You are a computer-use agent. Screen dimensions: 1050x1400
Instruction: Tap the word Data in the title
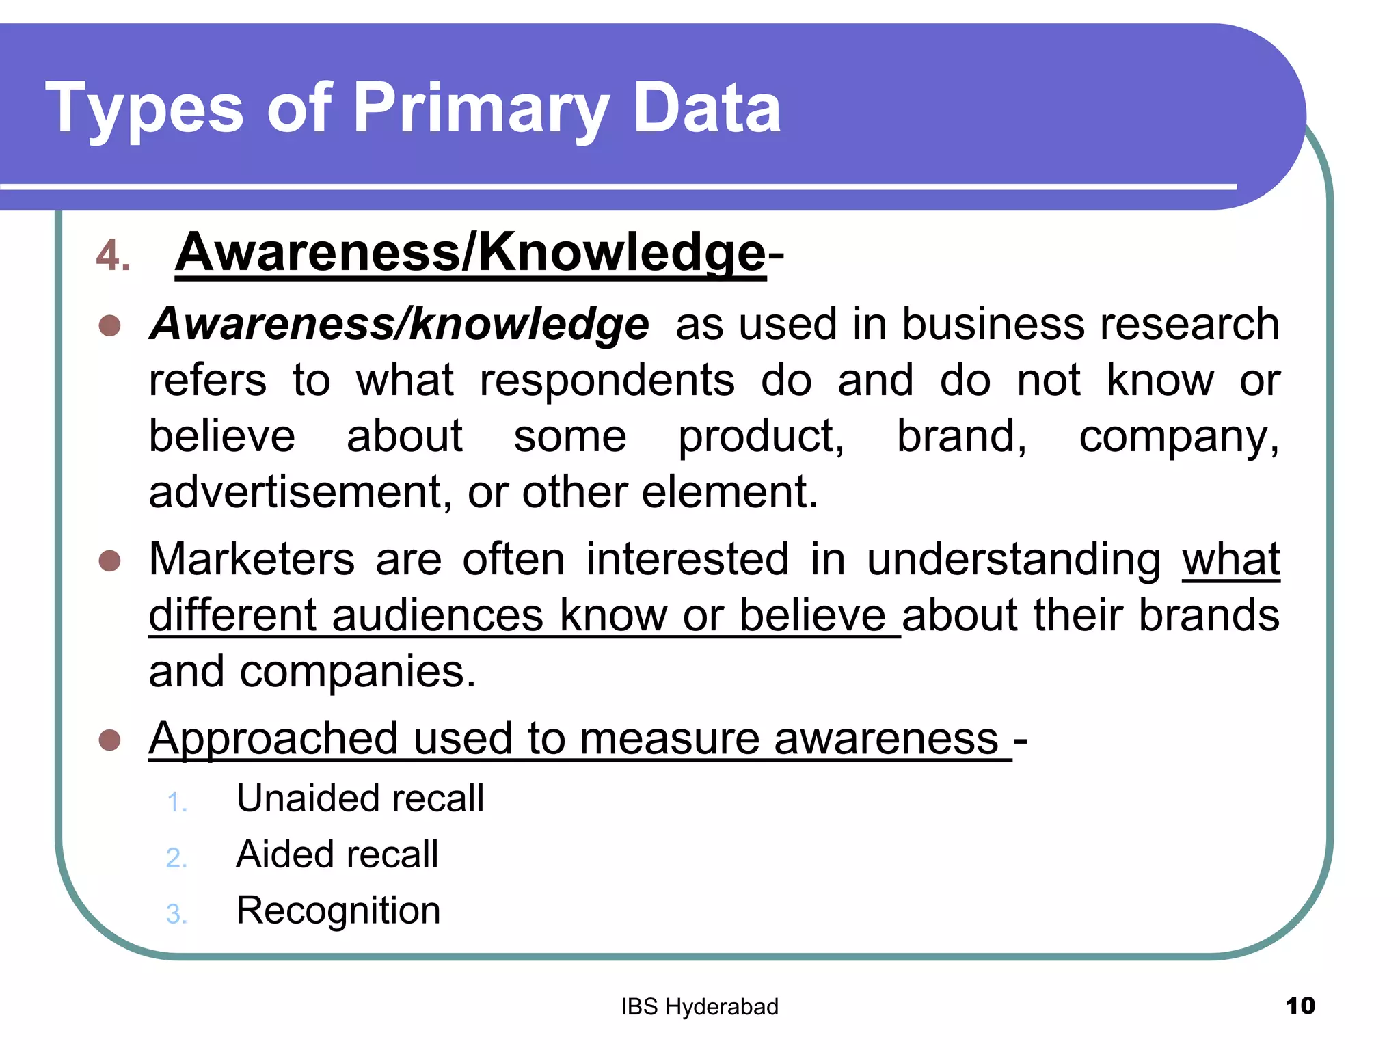tap(707, 108)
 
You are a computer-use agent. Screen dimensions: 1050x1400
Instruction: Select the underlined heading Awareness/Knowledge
tap(470, 253)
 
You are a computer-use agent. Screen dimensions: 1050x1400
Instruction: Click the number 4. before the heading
tap(113, 256)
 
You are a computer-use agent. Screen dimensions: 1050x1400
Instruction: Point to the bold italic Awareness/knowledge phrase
tap(399, 323)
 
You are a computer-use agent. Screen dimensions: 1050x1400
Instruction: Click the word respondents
tap(607, 380)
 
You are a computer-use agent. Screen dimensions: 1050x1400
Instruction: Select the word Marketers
tap(252, 559)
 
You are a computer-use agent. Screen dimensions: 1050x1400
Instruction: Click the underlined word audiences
tap(437, 615)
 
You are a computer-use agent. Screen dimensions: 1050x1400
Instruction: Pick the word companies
tap(357, 671)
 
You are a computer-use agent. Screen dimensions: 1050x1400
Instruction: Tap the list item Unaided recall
tap(360, 798)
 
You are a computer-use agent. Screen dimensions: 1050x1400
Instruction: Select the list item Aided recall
tap(337, 854)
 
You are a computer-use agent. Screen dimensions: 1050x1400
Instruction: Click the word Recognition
tap(338, 911)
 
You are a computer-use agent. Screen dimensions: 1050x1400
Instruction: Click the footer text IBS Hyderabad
tap(699, 1007)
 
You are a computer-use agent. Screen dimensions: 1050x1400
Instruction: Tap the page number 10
tap(1300, 1006)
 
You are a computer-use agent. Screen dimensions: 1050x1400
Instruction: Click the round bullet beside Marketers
tap(110, 561)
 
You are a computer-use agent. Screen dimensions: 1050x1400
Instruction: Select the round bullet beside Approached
tap(110, 740)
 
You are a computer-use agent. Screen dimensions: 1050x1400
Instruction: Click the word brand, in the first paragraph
tap(961, 436)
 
